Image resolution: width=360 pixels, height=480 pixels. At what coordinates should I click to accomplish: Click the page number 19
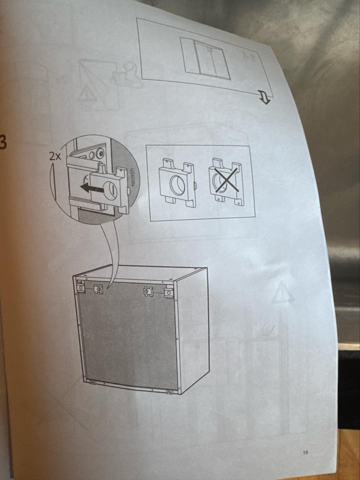[x=305, y=453]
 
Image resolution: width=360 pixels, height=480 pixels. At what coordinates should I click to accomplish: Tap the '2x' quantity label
[x=56, y=156]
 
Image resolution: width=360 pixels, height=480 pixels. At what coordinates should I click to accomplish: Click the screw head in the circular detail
[x=100, y=152]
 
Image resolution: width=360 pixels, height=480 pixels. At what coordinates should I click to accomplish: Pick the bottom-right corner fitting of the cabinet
[x=171, y=391]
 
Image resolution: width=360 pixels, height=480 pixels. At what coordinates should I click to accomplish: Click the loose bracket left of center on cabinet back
[x=98, y=289]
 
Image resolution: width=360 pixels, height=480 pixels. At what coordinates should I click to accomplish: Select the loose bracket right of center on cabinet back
[x=148, y=292]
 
